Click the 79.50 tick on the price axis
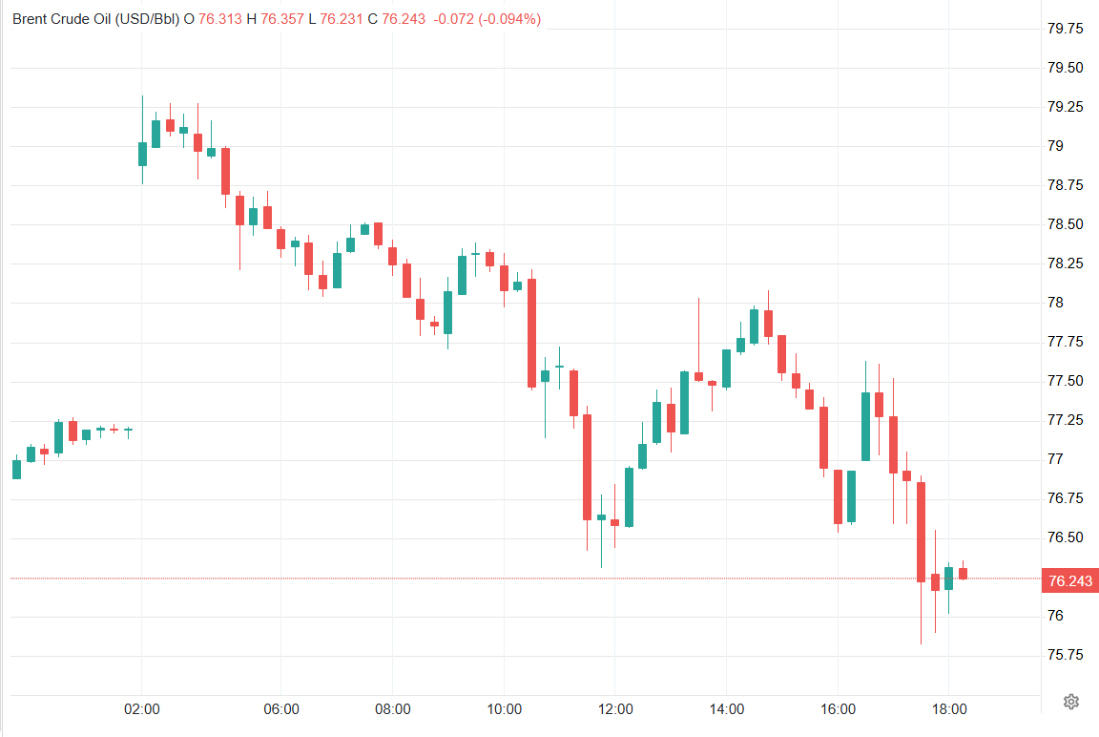(x=1065, y=68)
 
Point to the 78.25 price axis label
(x=1065, y=263)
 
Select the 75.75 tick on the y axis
(x=1065, y=655)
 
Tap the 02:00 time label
(x=142, y=709)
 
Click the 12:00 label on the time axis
(x=615, y=709)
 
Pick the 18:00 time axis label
(x=949, y=709)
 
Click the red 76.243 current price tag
(x=1070, y=580)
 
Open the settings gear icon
(x=1070, y=702)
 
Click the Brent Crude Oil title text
(x=95, y=19)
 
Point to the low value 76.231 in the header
(x=341, y=19)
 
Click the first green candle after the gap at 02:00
(x=142, y=154)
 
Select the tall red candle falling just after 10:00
(x=531, y=333)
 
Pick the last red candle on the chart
(x=964, y=573)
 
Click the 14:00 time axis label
(x=727, y=709)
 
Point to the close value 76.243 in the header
(x=403, y=19)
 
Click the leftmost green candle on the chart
(x=16, y=469)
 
